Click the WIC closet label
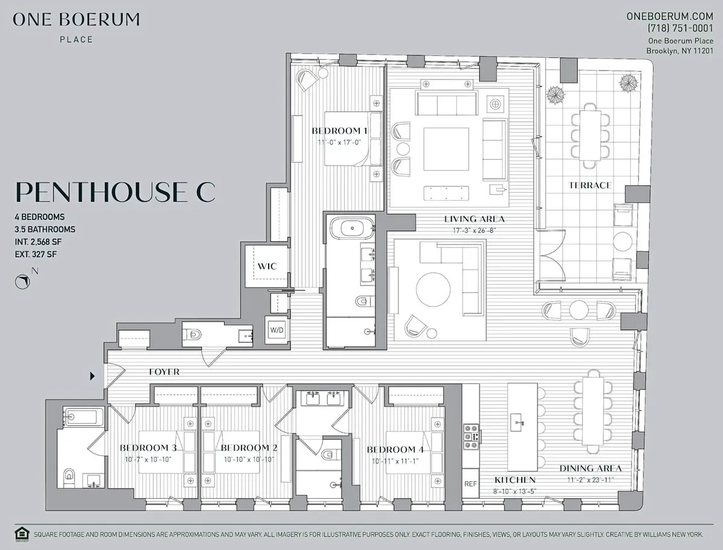[267, 266]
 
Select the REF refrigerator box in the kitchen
[471, 484]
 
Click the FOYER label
[164, 372]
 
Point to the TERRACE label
[590, 185]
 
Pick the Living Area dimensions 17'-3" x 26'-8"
[474, 230]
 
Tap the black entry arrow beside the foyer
[93, 376]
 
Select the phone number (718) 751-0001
[679, 28]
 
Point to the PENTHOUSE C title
[114, 191]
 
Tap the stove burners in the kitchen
[471, 437]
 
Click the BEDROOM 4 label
[391, 449]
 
